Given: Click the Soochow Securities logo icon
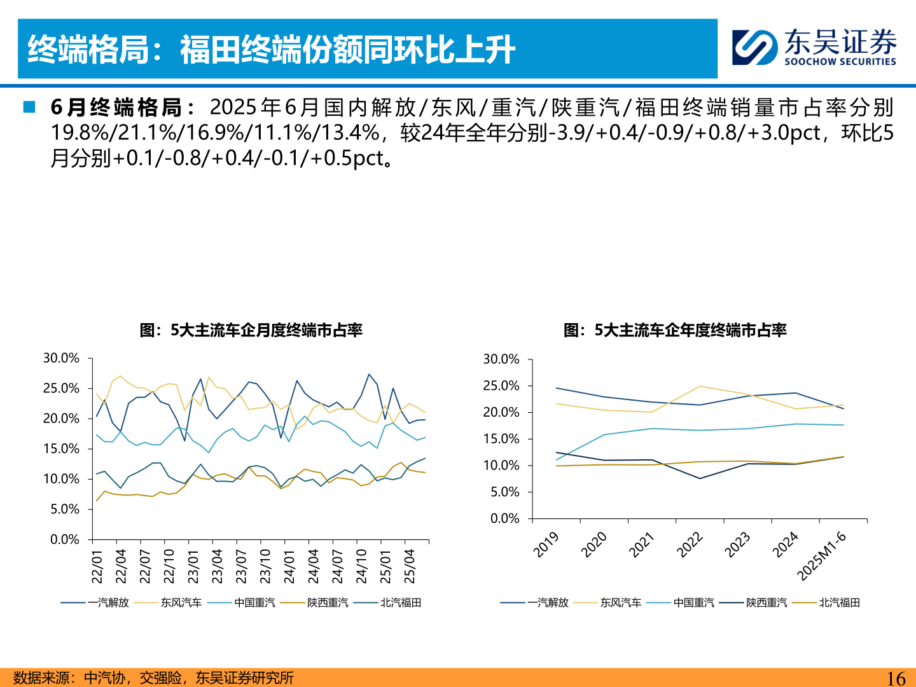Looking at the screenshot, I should click(x=754, y=48).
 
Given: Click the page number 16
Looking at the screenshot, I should click(x=896, y=678).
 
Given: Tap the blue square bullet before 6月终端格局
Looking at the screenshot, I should click(x=29, y=107).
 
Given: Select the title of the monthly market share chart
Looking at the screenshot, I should click(x=251, y=330).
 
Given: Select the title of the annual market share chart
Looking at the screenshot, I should click(x=675, y=330).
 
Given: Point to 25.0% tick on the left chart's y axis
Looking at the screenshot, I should click(x=61, y=388).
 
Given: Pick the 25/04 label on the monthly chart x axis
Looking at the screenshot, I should click(x=410, y=566).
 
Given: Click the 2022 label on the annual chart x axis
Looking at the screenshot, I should click(x=690, y=545).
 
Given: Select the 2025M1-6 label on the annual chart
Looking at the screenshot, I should click(x=822, y=556).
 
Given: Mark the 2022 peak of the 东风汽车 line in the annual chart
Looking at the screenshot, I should click(x=700, y=386).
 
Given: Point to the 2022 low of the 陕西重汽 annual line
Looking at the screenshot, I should click(x=700, y=478).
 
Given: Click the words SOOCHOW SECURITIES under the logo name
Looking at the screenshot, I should click(x=840, y=62).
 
